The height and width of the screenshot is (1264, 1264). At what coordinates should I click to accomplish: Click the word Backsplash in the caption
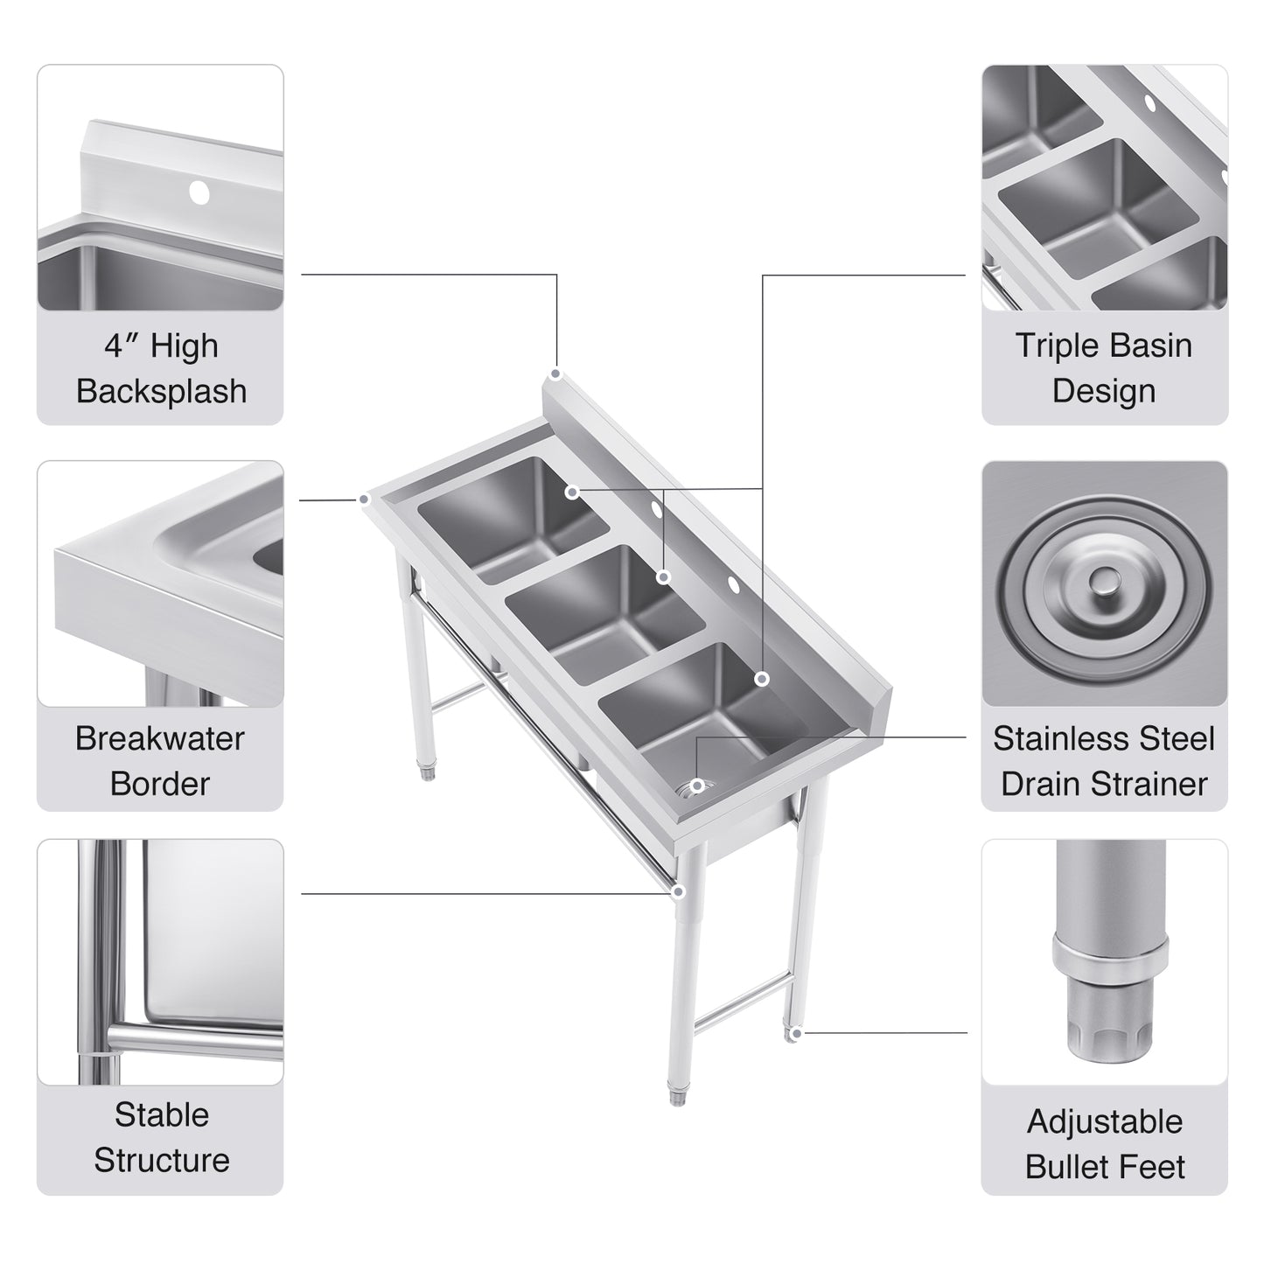coord(161,391)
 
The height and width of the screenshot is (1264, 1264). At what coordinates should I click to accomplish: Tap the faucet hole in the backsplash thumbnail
coord(199,192)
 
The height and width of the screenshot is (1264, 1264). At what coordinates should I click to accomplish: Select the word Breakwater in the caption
coord(159,738)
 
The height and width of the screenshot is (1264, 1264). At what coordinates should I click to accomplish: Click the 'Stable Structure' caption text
coord(161,1137)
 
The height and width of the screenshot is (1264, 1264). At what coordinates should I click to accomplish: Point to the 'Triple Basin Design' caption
coord(1104,367)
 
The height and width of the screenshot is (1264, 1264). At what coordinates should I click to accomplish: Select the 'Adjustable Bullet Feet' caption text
coord(1105,1143)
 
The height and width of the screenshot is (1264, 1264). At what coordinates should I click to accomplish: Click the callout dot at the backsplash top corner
coord(555,374)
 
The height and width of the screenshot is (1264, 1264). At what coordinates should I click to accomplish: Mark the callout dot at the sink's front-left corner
coord(365,499)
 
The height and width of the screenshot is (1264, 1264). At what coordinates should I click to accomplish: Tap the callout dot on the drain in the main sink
coord(697,786)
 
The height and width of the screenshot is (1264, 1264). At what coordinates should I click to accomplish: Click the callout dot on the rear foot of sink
coord(794,1034)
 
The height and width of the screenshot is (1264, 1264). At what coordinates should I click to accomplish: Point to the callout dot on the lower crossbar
coord(678,891)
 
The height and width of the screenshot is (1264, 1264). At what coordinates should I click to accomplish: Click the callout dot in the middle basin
coord(664,576)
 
